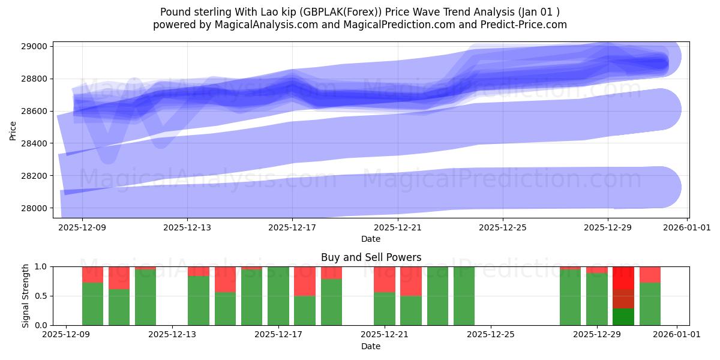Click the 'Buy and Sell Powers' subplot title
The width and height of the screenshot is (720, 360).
point(371,257)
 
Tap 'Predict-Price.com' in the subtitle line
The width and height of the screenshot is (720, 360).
point(526,25)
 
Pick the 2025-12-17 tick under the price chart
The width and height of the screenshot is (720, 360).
point(292,227)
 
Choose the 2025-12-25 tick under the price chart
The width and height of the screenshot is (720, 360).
point(503,227)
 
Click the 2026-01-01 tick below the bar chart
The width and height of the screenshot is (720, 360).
point(677,335)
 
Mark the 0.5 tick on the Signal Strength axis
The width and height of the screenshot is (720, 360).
point(41,296)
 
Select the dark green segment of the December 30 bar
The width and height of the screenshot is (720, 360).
point(623,317)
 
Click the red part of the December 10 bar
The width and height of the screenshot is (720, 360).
point(119,278)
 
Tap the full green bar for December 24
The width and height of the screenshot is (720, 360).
point(464,296)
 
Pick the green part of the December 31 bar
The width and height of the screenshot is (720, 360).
point(650,304)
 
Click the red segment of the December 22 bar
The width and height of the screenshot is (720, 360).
point(411,281)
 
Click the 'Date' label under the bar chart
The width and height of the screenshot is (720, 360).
point(371,346)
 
